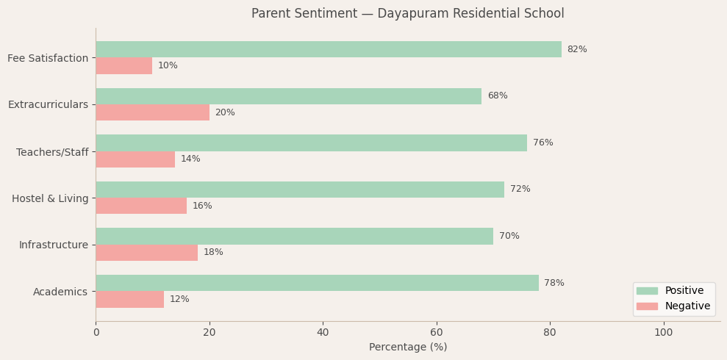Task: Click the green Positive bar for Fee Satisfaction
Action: (329, 49)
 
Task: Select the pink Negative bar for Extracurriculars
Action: (153, 112)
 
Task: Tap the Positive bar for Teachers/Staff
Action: (311, 143)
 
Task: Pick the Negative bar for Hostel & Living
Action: (141, 206)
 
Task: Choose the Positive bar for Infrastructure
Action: (294, 236)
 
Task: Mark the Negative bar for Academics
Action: (130, 299)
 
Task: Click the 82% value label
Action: (577, 49)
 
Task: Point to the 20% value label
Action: (225, 112)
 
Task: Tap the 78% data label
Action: (554, 283)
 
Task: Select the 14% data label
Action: (190, 159)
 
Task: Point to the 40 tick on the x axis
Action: (323, 332)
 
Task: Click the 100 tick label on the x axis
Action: (663, 332)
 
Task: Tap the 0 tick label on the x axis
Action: (96, 332)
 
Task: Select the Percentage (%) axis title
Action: (408, 348)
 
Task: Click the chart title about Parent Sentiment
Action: (408, 14)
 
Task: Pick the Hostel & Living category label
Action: (50, 198)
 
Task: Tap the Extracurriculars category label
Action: (48, 104)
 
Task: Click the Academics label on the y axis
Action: (60, 292)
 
